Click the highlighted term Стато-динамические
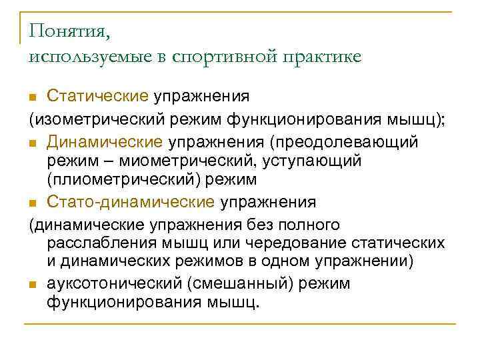[131, 201]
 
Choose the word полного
[311, 223]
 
